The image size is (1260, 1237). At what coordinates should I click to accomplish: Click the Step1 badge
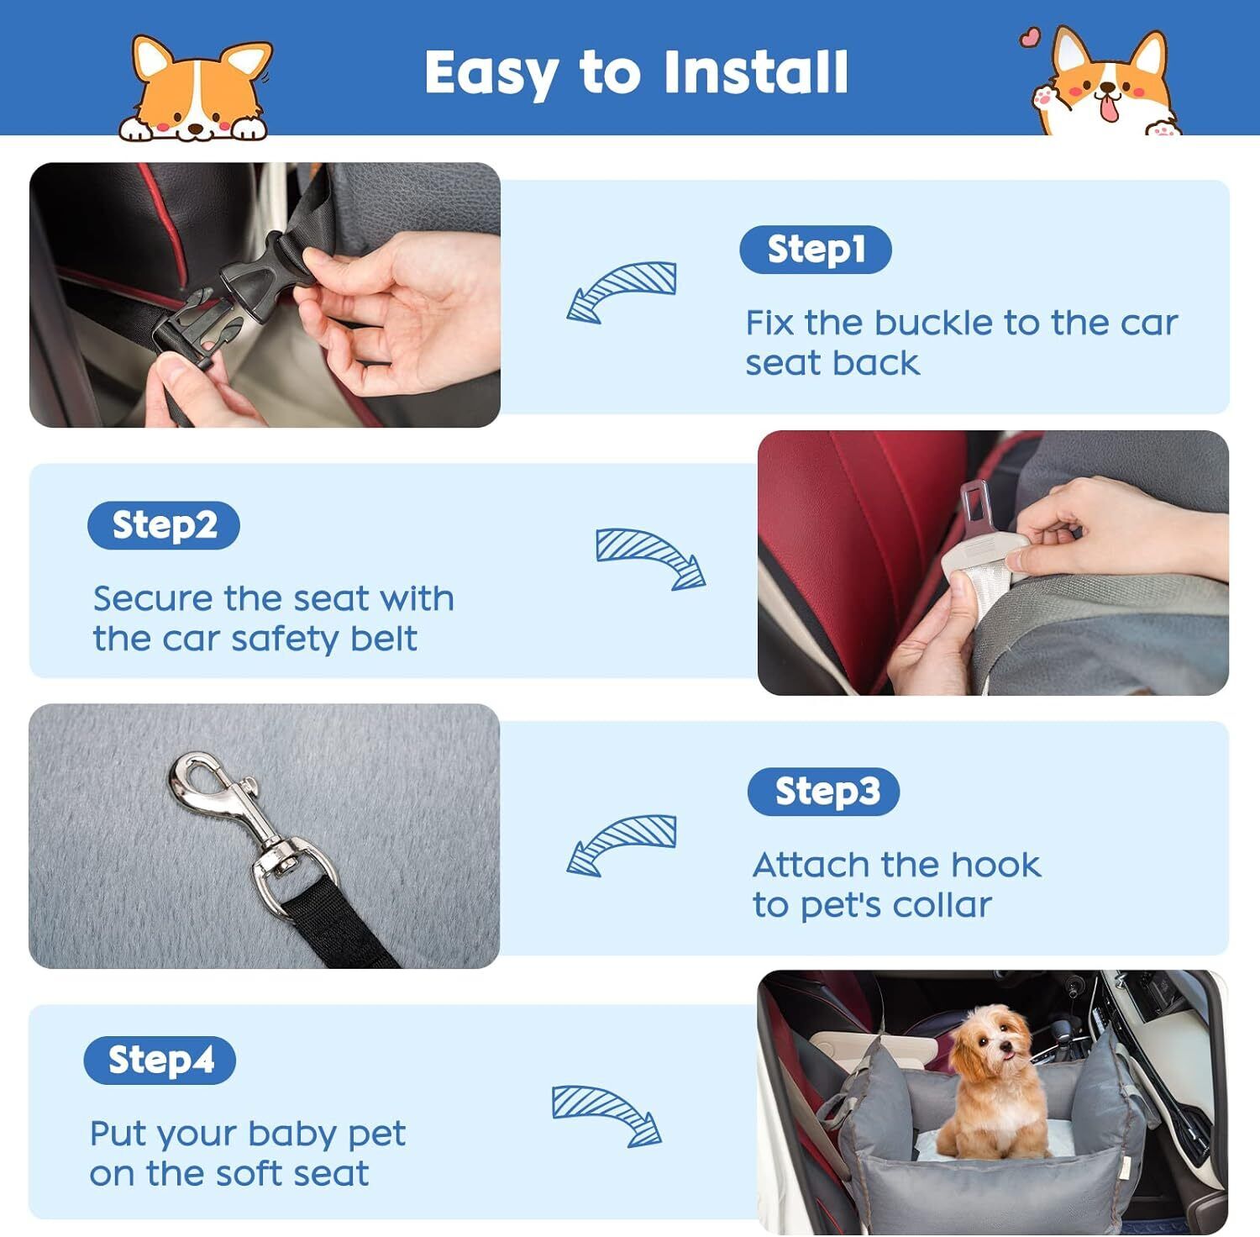click(815, 250)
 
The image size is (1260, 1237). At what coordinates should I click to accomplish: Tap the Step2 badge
click(164, 525)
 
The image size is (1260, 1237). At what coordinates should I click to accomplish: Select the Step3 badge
click(823, 792)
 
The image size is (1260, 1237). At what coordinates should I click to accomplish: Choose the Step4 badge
click(160, 1061)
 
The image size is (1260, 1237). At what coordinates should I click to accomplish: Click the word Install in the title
click(755, 71)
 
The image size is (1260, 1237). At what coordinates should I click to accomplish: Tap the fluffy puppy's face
click(995, 1040)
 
